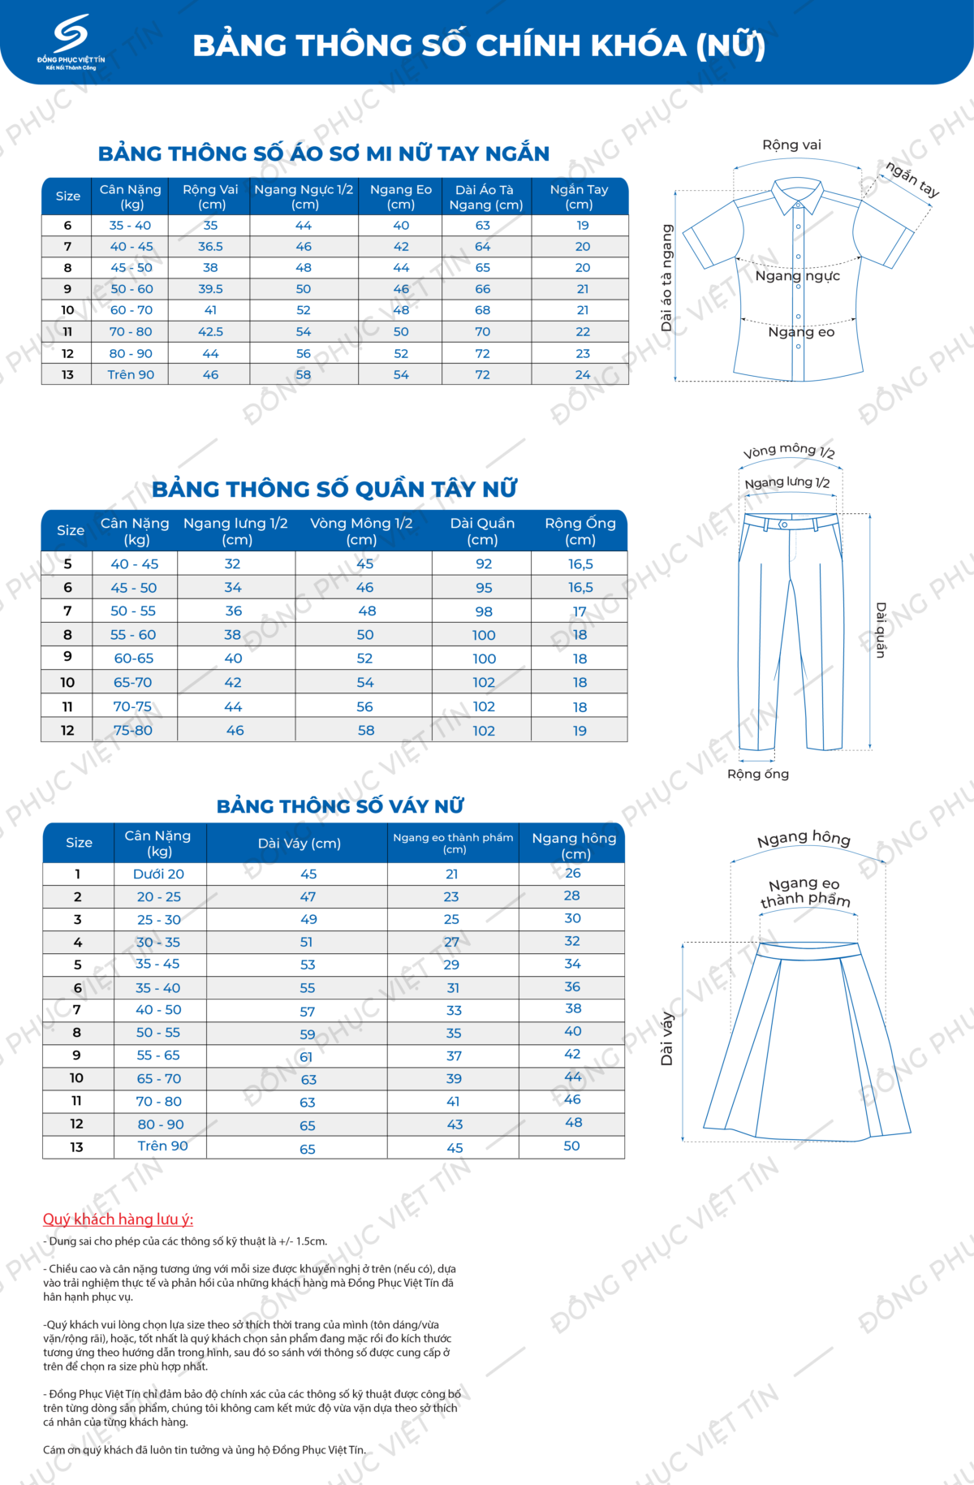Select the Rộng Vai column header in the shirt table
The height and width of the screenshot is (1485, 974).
point(210,196)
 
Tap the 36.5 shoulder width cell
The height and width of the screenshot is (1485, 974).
point(210,247)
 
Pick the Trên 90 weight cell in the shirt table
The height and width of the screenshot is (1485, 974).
point(131,375)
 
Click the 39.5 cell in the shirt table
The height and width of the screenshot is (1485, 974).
point(210,289)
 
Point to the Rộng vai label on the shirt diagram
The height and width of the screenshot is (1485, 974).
point(791,145)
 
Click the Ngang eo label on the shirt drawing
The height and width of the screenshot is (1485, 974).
point(801,332)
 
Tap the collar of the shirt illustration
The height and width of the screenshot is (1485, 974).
point(797,195)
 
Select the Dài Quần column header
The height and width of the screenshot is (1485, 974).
point(482,531)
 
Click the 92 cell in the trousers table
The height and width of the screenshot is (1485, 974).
point(484,564)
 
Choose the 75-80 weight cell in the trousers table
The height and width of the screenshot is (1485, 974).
point(133,731)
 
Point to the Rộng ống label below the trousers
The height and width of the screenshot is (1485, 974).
point(758,775)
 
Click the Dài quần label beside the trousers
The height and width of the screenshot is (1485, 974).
point(881,629)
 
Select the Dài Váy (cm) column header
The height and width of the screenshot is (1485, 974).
point(299,844)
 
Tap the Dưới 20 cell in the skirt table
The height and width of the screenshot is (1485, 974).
point(158,874)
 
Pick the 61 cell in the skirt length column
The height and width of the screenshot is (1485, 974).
point(306,1057)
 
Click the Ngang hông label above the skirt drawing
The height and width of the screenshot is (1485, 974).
point(804,839)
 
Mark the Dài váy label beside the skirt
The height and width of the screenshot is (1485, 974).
point(667,1038)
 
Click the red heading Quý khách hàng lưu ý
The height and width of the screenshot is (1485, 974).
point(118,1220)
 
